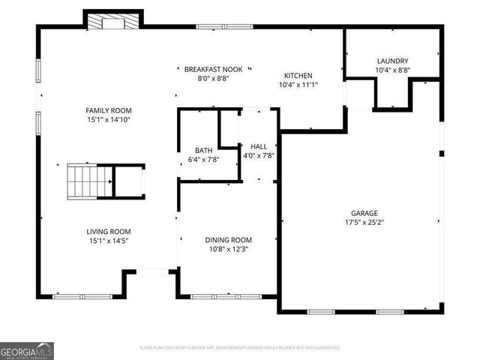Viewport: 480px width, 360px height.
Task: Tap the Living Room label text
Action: click(109, 231)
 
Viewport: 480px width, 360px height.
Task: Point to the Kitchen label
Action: click(298, 76)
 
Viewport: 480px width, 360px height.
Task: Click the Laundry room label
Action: click(392, 61)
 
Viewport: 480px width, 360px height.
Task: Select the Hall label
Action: click(259, 146)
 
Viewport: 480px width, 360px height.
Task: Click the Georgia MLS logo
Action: click(27, 350)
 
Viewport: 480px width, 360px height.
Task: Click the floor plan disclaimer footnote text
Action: click(240, 348)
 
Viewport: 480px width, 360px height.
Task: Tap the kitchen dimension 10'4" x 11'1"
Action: click(298, 85)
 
